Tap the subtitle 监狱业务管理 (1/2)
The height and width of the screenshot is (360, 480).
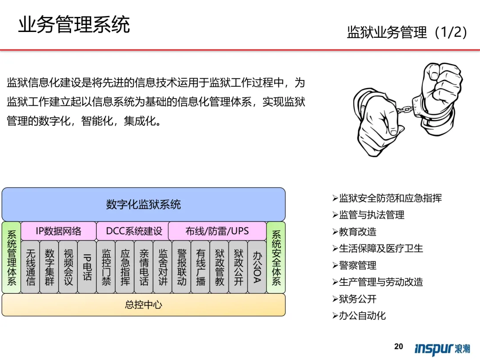(x=407, y=32)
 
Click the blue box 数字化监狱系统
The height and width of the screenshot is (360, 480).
(x=144, y=204)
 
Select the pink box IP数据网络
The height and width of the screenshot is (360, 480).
(x=59, y=231)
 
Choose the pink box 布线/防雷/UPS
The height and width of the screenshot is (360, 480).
(x=217, y=231)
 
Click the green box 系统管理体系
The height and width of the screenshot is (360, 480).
(x=12, y=258)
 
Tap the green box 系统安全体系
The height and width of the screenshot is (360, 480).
(x=276, y=258)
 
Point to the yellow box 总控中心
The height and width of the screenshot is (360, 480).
(x=144, y=305)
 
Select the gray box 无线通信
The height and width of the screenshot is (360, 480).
(x=30, y=267)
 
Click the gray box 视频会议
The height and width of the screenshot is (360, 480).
(x=68, y=267)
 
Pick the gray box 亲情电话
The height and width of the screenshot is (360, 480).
(x=144, y=267)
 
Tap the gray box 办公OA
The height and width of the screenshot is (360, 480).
(x=257, y=267)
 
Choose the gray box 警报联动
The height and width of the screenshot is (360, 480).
(x=182, y=267)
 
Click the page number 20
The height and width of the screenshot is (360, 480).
(x=399, y=347)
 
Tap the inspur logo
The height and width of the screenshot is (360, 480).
(x=442, y=348)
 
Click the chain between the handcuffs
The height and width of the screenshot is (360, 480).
(x=404, y=108)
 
